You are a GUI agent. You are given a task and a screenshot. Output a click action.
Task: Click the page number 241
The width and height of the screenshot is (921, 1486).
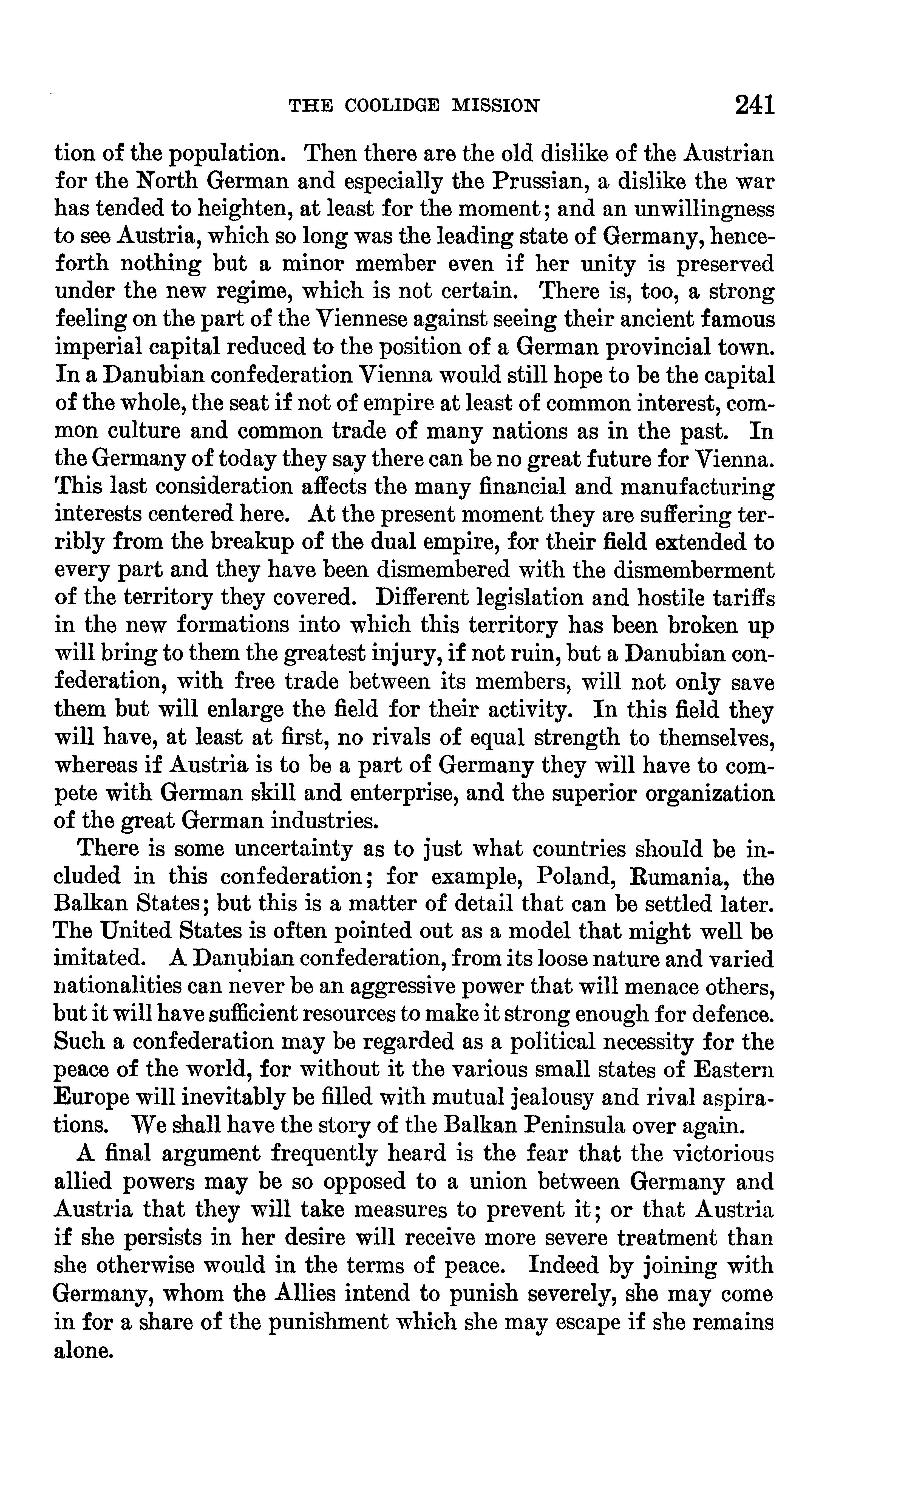pyautogui.click(x=754, y=105)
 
